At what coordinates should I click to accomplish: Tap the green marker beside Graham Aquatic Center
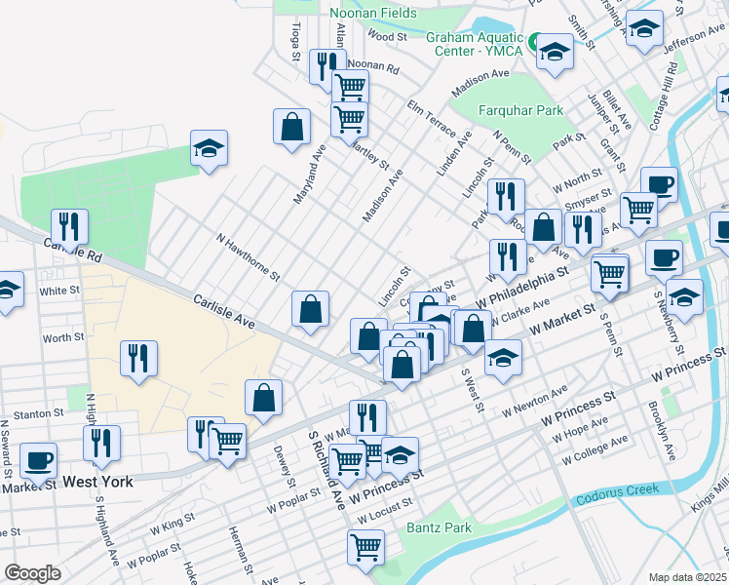pos(535,41)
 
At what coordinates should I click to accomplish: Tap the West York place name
pos(97,482)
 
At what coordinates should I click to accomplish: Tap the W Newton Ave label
pos(534,403)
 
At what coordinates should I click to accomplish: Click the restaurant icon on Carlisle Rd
pos(69,227)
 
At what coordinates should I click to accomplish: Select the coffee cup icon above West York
pos(38,460)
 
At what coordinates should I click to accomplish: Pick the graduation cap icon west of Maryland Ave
pos(209,148)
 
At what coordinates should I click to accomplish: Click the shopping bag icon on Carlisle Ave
pos(310,309)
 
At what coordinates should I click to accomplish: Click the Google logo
pos(32,573)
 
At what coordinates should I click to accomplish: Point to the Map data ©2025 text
pos(688,577)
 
